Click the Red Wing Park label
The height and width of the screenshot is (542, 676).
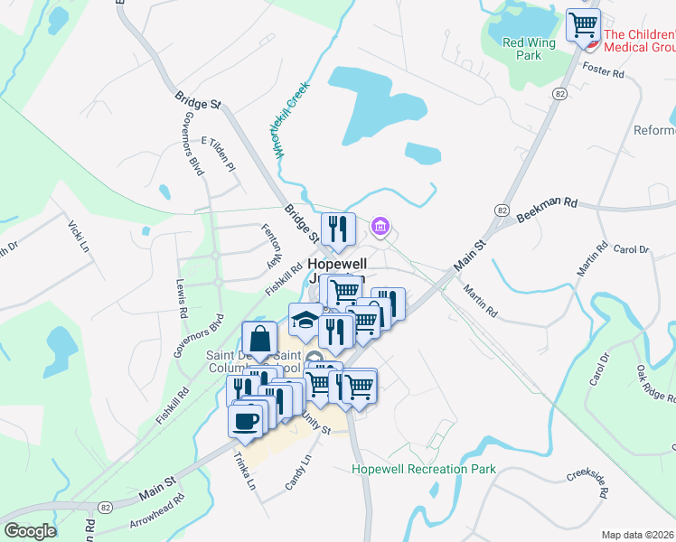521,48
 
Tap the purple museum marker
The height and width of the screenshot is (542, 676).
381,226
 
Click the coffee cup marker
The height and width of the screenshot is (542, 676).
246,421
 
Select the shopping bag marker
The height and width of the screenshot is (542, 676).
259,341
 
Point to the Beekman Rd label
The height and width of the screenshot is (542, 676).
547,214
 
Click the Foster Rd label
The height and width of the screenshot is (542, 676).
604,70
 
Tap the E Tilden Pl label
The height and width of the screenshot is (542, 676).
219,154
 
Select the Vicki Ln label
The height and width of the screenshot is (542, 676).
79,235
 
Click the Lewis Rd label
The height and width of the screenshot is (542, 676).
183,299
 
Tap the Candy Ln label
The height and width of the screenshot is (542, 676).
297,472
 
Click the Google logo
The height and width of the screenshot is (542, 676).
30,531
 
